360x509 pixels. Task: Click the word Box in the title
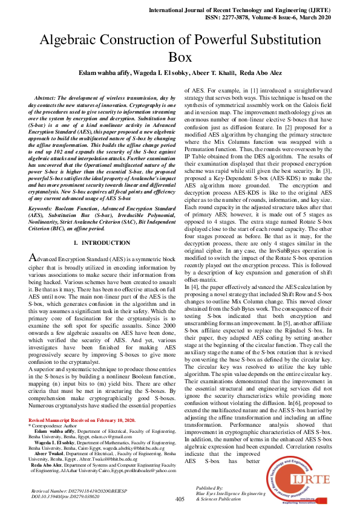pos(180,57)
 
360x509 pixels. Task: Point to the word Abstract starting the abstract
pos(49,97)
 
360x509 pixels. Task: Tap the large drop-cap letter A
pos(34,258)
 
